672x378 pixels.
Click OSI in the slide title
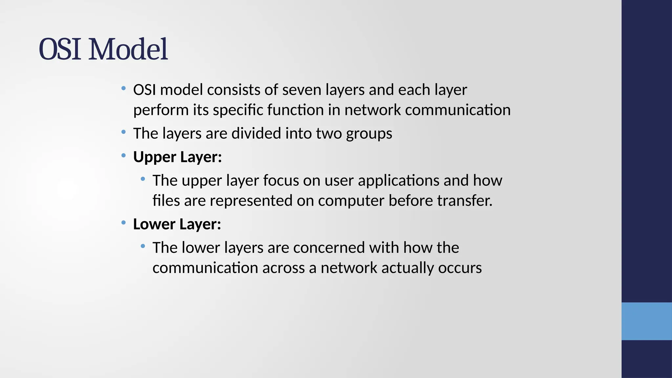(x=60, y=50)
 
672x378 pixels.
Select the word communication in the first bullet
(x=458, y=110)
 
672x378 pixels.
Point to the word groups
(x=369, y=134)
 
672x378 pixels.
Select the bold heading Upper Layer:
(x=178, y=157)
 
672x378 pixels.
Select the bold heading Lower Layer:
(x=177, y=224)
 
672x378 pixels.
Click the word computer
(x=351, y=201)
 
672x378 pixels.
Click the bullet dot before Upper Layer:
(x=123, y=156)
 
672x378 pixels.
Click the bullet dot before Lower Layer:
(x=123, y=223)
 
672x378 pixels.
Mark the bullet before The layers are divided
(x=123, y=132)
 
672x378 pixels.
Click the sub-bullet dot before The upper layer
(x=143, y=179)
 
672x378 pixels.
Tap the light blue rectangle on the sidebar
(x=646, y=321)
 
